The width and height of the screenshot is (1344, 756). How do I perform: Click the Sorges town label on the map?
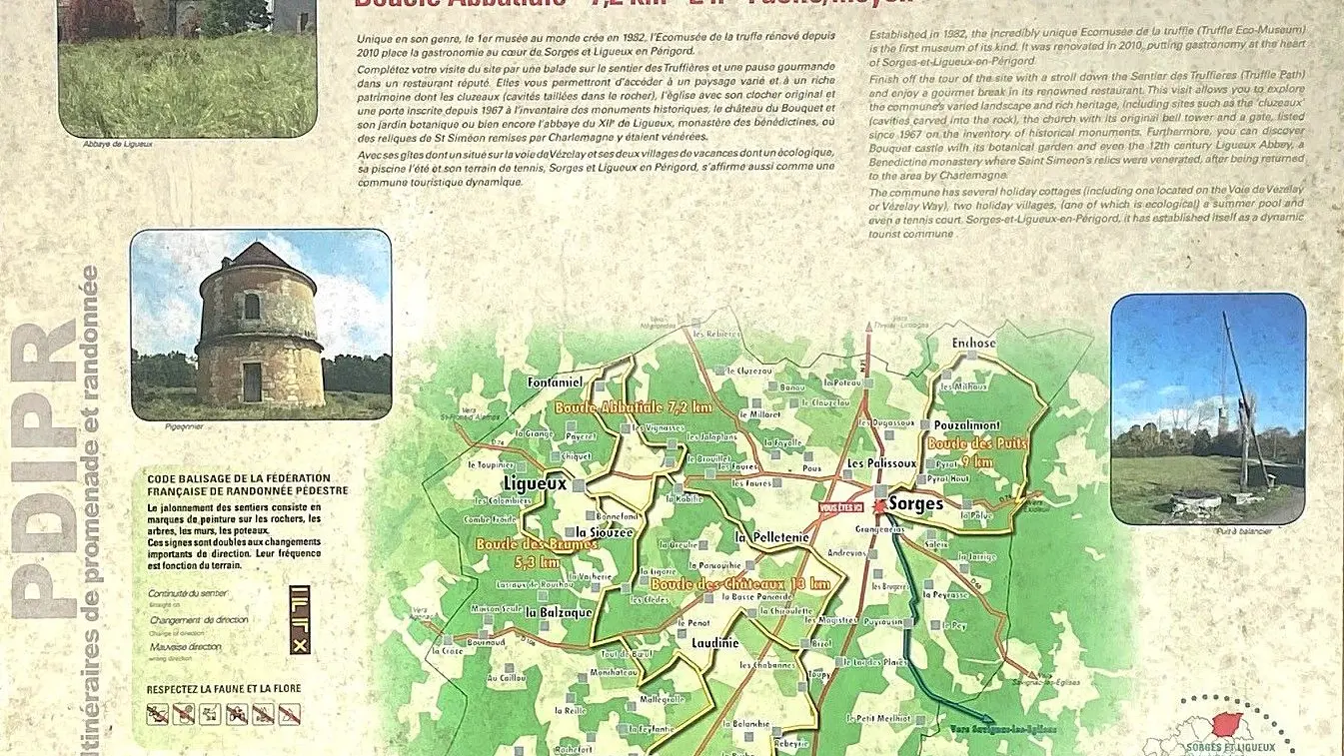tap(915, 503)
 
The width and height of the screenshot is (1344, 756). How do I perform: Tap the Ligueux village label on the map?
tap(535, 483)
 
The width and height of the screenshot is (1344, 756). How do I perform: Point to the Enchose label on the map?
tap(974, 344)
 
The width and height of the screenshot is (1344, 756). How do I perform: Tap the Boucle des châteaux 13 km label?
tap(739, 583)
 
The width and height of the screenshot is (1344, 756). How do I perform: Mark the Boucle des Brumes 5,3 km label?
tap(524, 553)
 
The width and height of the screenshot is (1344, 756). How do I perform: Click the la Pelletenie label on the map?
tap(770, 537)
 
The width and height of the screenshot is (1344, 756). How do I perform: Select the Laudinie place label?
tap(715, 643)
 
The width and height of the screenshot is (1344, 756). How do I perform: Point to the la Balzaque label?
tap(559, 611)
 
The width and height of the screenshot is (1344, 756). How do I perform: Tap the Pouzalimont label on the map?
tap(966, 424)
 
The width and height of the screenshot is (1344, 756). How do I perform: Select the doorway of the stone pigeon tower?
tap(252, 381)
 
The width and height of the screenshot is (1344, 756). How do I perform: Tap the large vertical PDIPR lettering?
tap(45, 469)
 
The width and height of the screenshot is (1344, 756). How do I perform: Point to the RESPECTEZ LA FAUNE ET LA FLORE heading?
tap(224, 688)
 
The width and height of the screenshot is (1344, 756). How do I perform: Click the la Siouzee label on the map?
tap(606, 532)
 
